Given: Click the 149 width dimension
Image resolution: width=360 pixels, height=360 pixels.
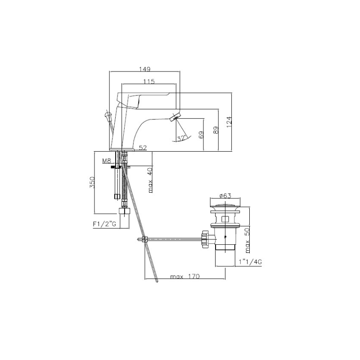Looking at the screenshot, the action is click(x=144, y=69).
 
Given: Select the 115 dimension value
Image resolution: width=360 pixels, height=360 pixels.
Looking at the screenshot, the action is click(x=149, y=81).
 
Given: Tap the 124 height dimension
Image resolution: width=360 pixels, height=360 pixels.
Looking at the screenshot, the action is click(x=229, y=122).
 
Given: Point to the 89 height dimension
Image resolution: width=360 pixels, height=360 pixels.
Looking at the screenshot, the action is click(x=216, y=130).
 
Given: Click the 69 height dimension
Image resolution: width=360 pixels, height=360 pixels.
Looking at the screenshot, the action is click(x=201, y=135).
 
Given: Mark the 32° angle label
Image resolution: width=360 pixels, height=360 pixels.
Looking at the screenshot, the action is click(x=181, y=138).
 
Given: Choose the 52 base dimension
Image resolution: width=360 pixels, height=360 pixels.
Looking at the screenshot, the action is click(x=143, y=148).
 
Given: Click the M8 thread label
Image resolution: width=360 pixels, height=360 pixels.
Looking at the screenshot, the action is click(x=107, y=161).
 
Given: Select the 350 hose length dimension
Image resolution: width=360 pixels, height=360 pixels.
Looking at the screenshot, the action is click(x=92, y=183).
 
